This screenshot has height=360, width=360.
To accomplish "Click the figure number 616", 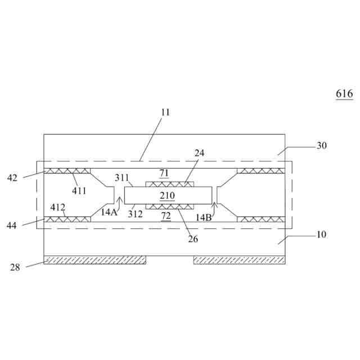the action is [x=344, y=94].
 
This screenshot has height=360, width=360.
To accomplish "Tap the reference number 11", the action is [x=165, y=112].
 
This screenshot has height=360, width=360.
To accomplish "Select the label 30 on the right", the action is [x=321, y=146].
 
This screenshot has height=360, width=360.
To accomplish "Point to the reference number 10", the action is [x=321, y=235].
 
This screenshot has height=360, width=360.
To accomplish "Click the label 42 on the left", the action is [x=12, y=178].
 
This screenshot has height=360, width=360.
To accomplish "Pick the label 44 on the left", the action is [x=12, y=226].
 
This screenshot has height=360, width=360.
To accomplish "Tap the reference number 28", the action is [x=15, y=267].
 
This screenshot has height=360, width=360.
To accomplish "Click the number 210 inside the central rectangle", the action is [x=167, y=196].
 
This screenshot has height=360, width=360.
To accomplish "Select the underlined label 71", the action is [x=164, y=173].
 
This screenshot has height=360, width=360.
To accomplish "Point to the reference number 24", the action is [x=200, y=153].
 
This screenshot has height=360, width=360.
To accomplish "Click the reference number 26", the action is [x=193, y=239].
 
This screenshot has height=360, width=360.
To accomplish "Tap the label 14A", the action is [x=110, y=212].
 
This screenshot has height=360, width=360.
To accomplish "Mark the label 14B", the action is [x=204, y=217].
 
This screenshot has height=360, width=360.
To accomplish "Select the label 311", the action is [x=122, y=178].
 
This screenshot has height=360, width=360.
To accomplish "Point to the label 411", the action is [x=79, y=191].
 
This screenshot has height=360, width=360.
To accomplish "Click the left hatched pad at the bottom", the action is [x=94, y=260].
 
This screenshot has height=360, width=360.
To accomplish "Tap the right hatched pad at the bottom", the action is [x=239, y=260].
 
